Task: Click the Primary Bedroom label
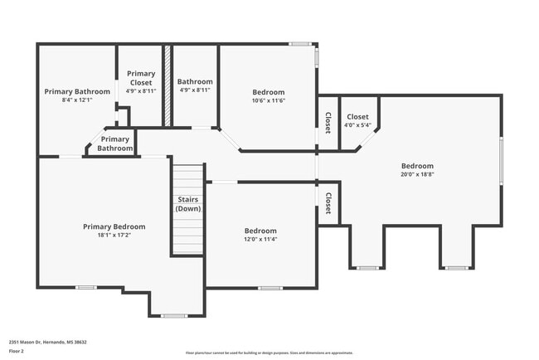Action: (x=114, y=226)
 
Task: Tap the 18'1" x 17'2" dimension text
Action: (x=114, y=236)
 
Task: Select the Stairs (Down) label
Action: (x=188, y=204)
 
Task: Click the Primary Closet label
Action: (x=141, y=78)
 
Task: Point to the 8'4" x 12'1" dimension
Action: (x=77, y=100)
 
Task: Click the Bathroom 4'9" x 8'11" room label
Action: (x=196, y=82)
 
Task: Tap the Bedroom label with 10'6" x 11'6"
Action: (x=268, y=92)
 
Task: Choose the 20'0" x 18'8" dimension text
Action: (x=417, y=174)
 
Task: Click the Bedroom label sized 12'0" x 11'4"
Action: (x=260, y=231)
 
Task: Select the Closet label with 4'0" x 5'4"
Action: (x=357, y=117)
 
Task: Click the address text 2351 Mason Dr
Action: (x=47, y=342)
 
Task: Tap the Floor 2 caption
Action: (x=17, y=352)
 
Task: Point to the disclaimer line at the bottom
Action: (x=269, y=353)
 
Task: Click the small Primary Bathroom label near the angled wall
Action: (x=115, y=144)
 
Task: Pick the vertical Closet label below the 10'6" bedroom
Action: (x=328, y=122)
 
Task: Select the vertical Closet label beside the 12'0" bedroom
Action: (x=328, y=203)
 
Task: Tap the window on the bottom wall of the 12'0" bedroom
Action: (x=269, y=288)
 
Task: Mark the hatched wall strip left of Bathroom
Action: (x=167, y=85)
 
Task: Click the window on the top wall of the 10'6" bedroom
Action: (x=300, y=44)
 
